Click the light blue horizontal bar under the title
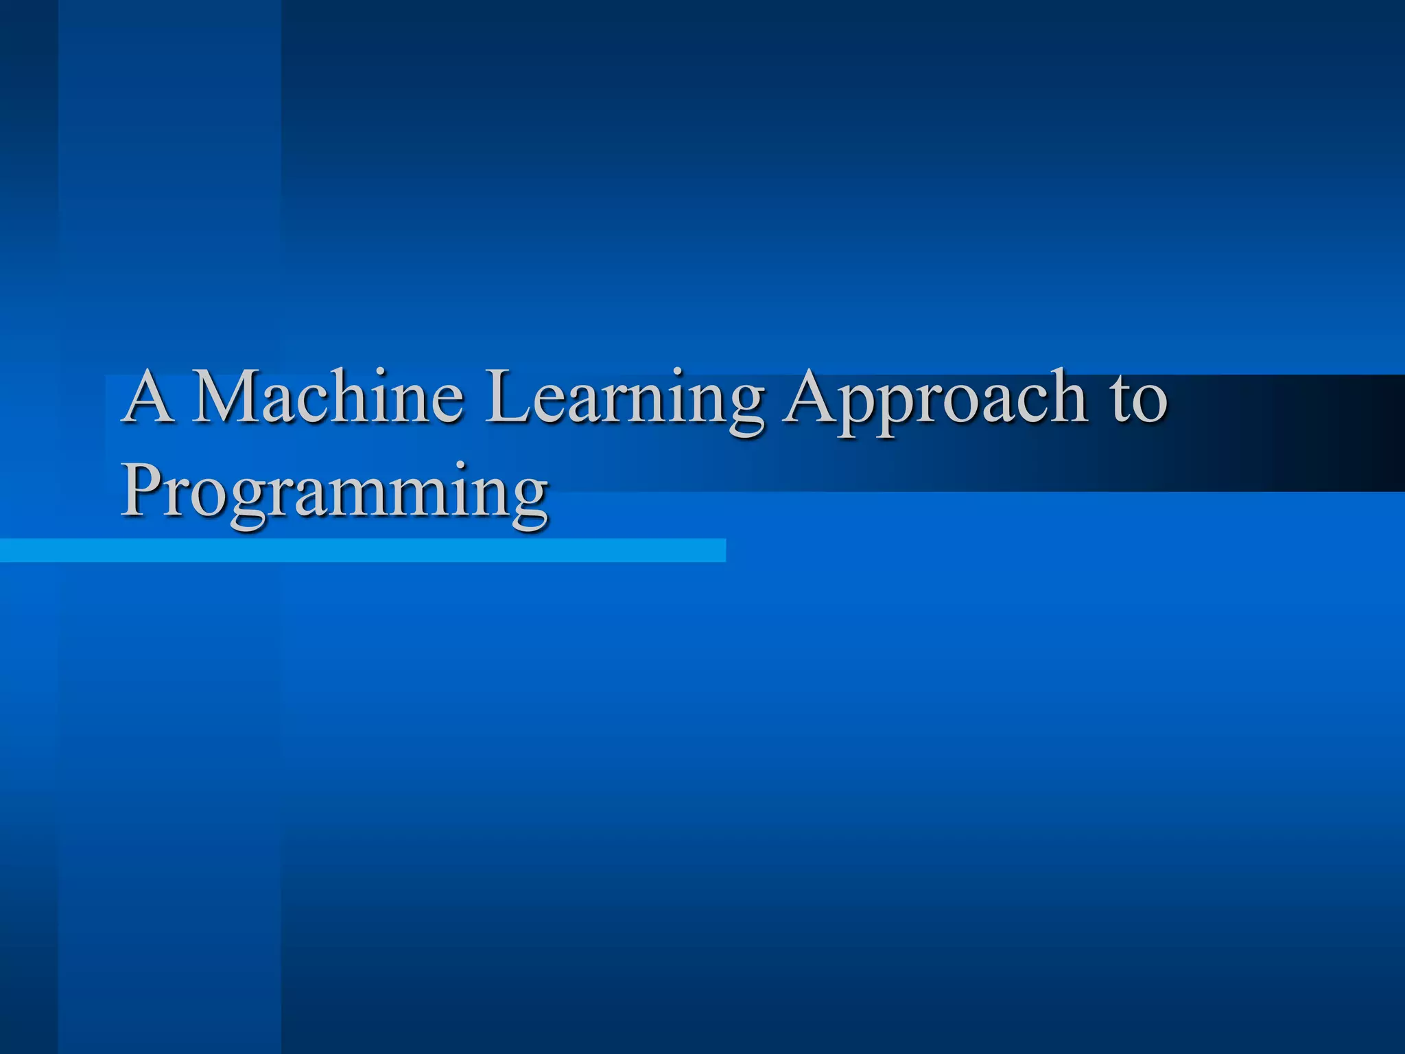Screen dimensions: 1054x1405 click(x=362, y=550)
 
